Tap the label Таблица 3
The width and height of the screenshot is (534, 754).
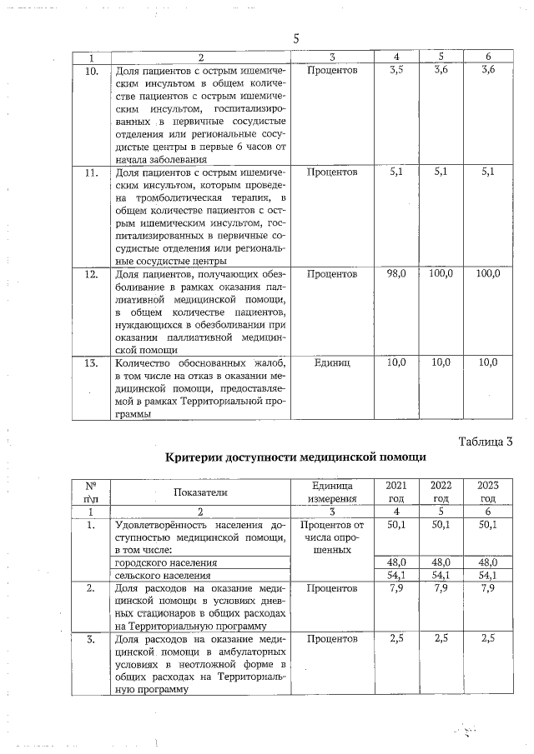click(485, 441)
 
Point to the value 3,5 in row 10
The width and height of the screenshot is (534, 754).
click(397, 70)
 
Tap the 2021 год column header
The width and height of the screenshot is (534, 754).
click(397, 492)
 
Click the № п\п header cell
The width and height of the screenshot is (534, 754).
click(92, 492)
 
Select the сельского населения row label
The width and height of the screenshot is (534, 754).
click(151, 575)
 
